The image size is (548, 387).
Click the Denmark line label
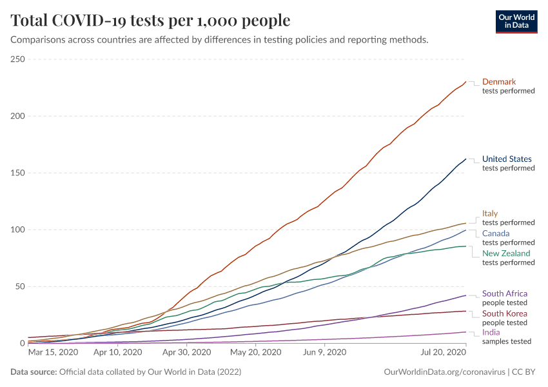coord(499,82)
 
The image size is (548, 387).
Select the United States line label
coord(507,159)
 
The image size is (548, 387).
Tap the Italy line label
coord(490,213)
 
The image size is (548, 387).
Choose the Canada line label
coord(496,233)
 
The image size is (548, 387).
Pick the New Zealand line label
coord(506,253)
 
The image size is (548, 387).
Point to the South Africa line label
coord(505,293)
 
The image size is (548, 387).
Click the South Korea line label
coord(505,313)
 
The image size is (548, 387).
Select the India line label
coord(491,333)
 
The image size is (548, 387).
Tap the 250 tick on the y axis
coord(17,59)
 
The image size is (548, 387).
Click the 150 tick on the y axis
coord(17,173)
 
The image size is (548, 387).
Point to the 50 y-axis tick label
coord(19,286)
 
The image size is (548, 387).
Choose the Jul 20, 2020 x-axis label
coord(443,352)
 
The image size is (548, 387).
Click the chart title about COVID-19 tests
coord(150,21)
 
